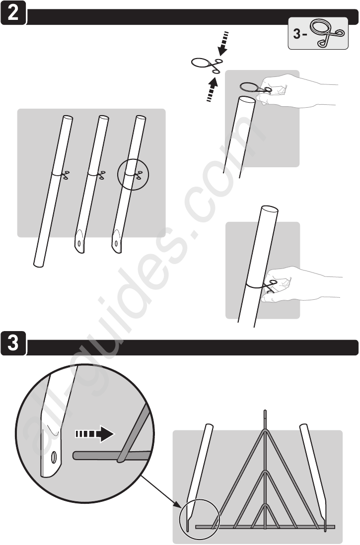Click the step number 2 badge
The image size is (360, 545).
pos(13,12)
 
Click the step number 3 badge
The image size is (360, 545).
pos(13,343)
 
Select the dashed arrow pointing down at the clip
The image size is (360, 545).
pos(223,44)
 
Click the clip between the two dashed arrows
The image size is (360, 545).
pos(207,65)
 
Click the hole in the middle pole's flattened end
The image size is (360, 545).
pos(79,243)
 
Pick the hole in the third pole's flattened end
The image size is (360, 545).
pos(117,243)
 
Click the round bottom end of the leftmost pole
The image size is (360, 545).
pos(38,265)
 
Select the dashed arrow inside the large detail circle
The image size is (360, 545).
pos(95,434)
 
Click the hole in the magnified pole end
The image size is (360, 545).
pos(54,457)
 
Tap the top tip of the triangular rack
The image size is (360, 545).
pos(265,411)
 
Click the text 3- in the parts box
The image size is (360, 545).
pos(298,34)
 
